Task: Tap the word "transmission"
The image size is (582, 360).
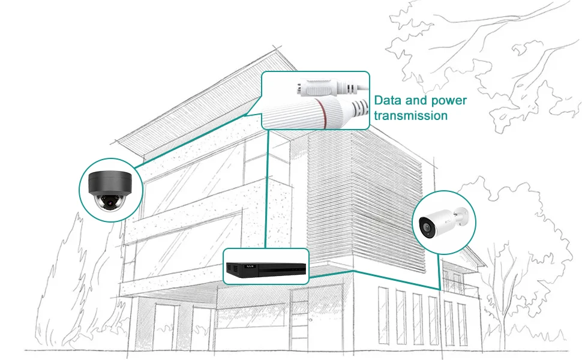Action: [x=411, y=115]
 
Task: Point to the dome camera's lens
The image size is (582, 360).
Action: [x=110, y=202]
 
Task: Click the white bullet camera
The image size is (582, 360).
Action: [x=443, y=221]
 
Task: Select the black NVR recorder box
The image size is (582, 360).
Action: [x=265, y=266]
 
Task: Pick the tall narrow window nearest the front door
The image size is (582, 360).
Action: [x=383, y=318]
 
